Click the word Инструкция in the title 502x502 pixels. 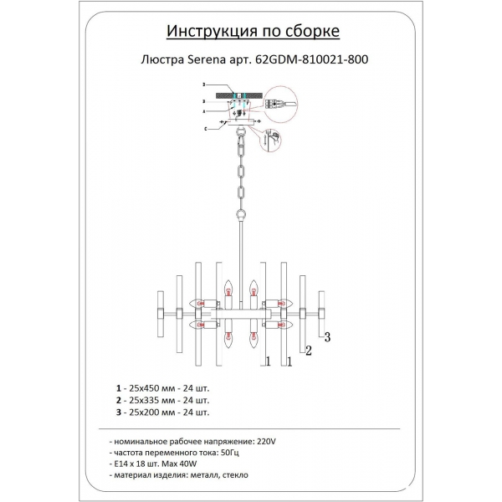pyautogui.click(x=202, y=32)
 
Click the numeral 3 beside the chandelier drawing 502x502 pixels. pyautogui.click(x=329, y=337)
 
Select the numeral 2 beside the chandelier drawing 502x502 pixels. pyautogui.click(x=308, y=351)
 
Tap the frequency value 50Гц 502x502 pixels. pyautogui.click(x=226, y=451)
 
